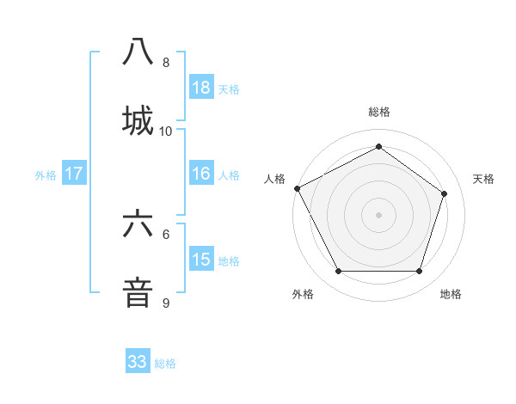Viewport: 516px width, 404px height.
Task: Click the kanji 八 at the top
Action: (138, 51)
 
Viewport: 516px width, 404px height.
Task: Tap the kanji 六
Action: (138, 223)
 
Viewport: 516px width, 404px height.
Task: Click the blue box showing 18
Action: (201, 88)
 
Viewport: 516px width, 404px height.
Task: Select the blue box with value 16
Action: (201, 174)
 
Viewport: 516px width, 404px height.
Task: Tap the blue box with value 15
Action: (201, 260)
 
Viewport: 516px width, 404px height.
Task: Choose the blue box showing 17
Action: (74, 174)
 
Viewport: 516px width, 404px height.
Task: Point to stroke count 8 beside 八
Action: (166, 63)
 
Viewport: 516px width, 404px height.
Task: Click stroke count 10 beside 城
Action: (166, 131)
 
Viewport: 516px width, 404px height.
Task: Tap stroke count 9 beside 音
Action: (166, 303)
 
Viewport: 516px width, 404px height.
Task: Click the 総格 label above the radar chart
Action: (379, 113)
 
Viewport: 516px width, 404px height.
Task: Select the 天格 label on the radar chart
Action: (484, 179)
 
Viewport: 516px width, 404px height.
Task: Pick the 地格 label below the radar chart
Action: (451, 294)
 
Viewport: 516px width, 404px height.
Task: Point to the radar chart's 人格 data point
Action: (297, 188)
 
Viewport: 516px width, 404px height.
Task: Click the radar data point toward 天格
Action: (445, 193)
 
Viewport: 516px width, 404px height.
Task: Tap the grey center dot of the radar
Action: (379, 214)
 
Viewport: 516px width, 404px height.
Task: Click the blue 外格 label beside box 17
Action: (46, 174)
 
